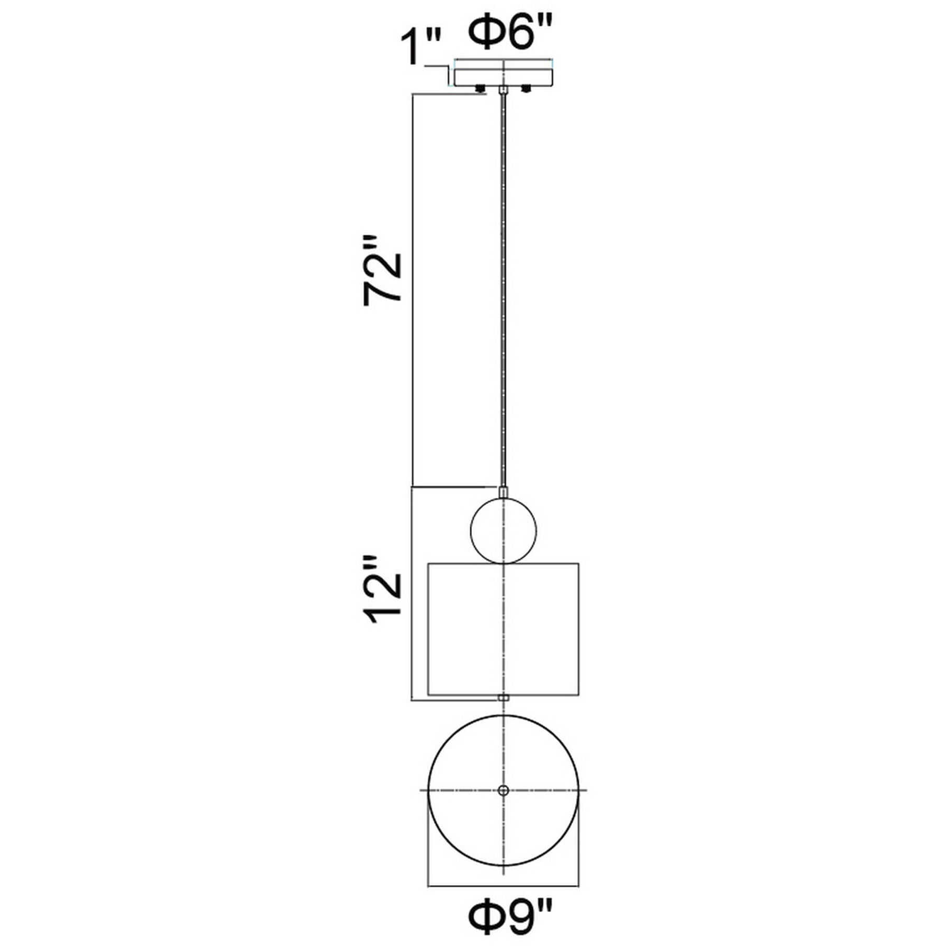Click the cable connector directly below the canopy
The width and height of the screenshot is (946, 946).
503,92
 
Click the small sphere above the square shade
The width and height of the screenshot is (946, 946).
503,531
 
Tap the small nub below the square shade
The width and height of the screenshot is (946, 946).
503,698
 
